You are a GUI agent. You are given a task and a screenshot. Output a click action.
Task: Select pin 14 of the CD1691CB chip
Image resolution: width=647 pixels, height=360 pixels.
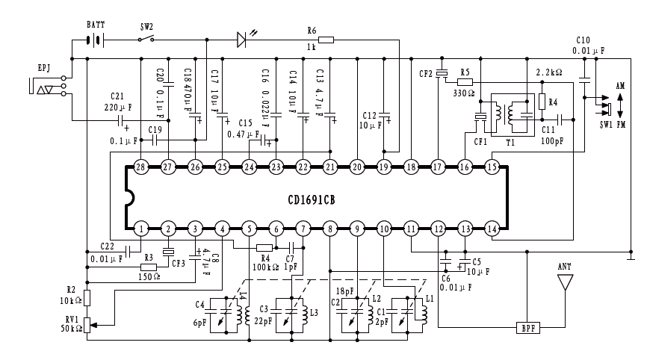click(492, 228)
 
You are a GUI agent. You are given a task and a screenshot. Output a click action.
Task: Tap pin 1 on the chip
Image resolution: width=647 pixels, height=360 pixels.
click(140, 228)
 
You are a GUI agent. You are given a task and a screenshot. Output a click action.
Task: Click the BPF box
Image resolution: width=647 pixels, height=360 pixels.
click(527, 327)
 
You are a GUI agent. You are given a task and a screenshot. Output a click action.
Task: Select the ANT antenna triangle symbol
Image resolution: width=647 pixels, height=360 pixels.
click(566, 282)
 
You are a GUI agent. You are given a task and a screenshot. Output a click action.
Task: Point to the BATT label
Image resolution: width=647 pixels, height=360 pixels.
click(96, 25)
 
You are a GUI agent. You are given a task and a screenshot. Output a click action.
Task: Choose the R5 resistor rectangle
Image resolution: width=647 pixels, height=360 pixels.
click(465, 81)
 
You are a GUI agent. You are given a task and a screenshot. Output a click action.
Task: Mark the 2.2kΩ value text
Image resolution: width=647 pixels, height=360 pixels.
click(549, 72)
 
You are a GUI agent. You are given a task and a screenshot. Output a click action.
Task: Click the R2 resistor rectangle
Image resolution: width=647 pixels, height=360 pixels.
click(87, 299)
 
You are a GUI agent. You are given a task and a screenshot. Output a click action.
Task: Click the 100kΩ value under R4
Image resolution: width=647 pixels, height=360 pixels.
click(264, 267)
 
